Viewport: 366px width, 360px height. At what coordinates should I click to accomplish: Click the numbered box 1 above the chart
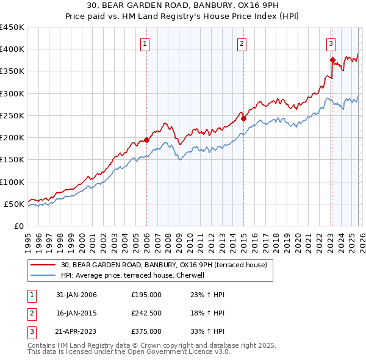pos(146,43)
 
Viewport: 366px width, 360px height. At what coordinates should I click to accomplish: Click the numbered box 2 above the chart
pos(242,43)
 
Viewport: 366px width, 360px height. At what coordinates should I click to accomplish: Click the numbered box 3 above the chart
pos(331,43)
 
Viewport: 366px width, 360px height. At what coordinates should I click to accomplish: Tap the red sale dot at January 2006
pos(146,140)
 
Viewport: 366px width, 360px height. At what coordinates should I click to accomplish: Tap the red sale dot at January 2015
pos(243,119)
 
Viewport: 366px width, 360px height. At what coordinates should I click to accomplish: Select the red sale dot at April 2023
pos(332,60)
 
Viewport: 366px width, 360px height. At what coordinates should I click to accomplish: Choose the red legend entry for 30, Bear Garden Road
pos(163,265)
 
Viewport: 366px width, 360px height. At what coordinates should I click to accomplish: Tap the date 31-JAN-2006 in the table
pos(76,295)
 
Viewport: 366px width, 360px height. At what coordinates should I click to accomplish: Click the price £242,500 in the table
pos(146,313)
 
